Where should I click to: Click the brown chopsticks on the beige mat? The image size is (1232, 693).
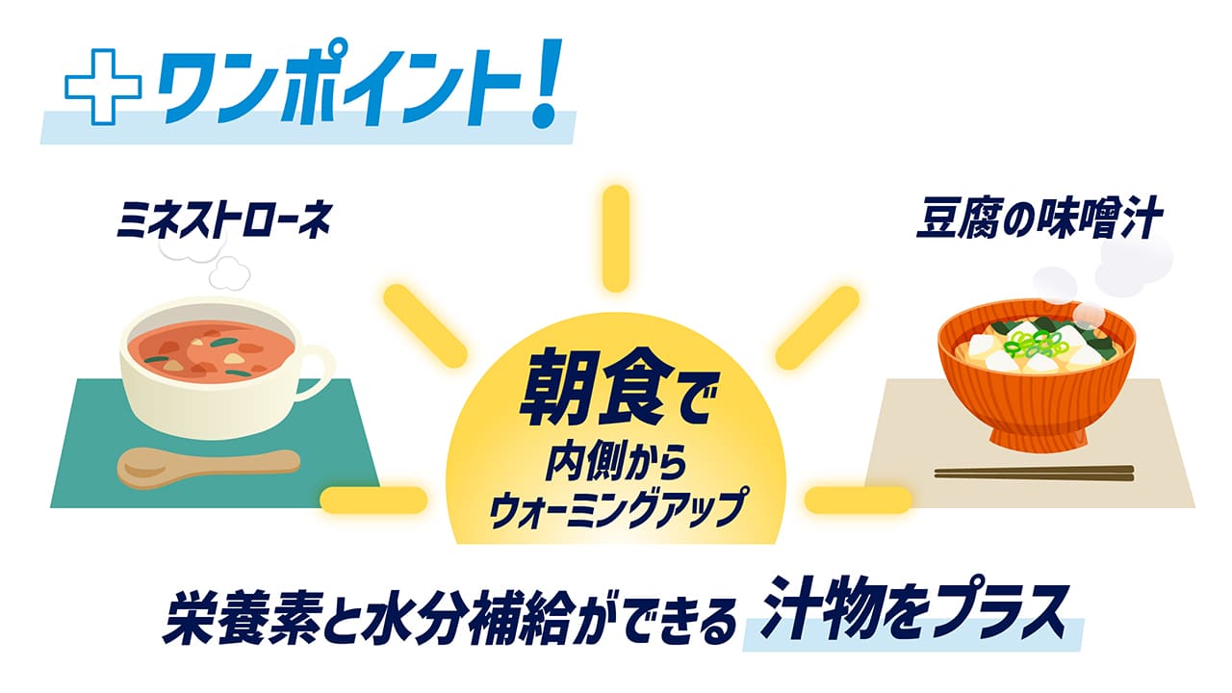pos(1034,473)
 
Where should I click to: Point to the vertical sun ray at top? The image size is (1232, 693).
pos(615,236)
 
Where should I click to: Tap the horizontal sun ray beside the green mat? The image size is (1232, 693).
pos(373,500)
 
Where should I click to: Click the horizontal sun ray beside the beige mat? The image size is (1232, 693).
pos(858,500)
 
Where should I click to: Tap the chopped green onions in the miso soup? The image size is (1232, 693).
pos(1033,342)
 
